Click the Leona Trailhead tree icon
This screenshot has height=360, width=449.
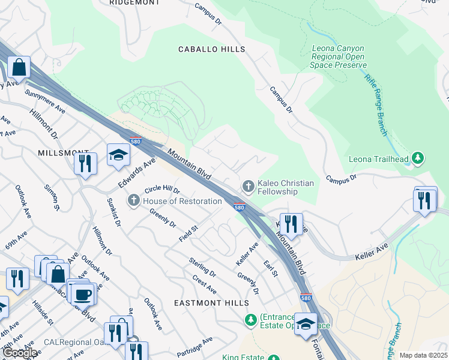click(418, 159)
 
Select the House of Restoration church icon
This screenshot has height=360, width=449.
click(133, 200)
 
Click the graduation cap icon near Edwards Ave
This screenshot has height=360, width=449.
click(118, 155)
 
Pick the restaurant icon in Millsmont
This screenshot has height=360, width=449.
click(85, 163)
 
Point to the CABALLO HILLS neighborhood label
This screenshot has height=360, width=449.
click(211, 49)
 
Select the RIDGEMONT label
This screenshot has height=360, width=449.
click(135, 3)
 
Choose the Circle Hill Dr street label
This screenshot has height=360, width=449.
click(158, 190)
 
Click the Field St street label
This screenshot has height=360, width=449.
click(188, 234)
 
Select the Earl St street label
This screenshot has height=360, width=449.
click(271, 268)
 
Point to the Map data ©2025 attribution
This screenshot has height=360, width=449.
click(423, 355)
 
